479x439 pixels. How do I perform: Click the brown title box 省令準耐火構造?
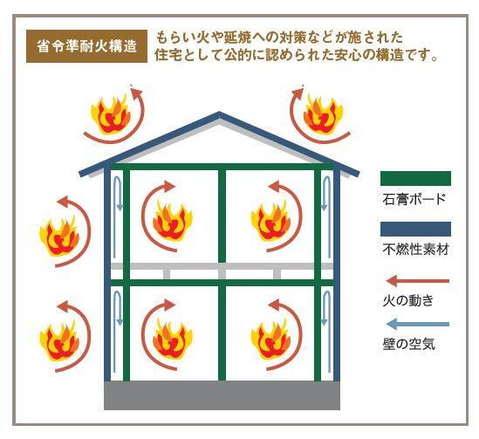point(86,46)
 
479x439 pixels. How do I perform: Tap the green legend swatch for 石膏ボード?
point(415,178)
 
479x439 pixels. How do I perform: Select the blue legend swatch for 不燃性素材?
point(415,230)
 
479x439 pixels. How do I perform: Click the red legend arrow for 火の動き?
point(417,281)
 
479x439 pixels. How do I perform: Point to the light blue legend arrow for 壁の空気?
point(417,324)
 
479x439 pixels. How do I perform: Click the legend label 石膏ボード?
point(414,199)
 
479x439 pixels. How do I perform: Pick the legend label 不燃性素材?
point(415,250)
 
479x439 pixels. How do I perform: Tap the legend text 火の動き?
point(407,300)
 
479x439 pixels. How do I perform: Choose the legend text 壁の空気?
point(408,344)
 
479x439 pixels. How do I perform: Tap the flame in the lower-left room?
point(173,339)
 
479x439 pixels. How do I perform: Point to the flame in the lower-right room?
point(271,339)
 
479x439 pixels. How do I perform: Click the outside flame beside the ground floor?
point(59,340)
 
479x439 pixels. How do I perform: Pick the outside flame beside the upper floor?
point(59,236)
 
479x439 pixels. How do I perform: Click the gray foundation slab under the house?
point(222,395)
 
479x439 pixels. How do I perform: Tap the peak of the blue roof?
point(219,113)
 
